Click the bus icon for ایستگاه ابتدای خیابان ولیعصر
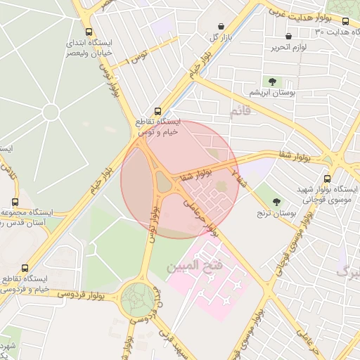coord(89,32)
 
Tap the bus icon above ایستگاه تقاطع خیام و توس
coord(157,111)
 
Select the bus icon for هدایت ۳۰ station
coord(345,22)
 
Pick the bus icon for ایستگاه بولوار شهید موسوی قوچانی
coord(328,179)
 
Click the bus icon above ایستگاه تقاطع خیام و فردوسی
coord(25,269)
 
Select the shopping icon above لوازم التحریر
coord(288,36)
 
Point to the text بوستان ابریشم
coord(272,93)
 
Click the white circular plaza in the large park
coord(50,112)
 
